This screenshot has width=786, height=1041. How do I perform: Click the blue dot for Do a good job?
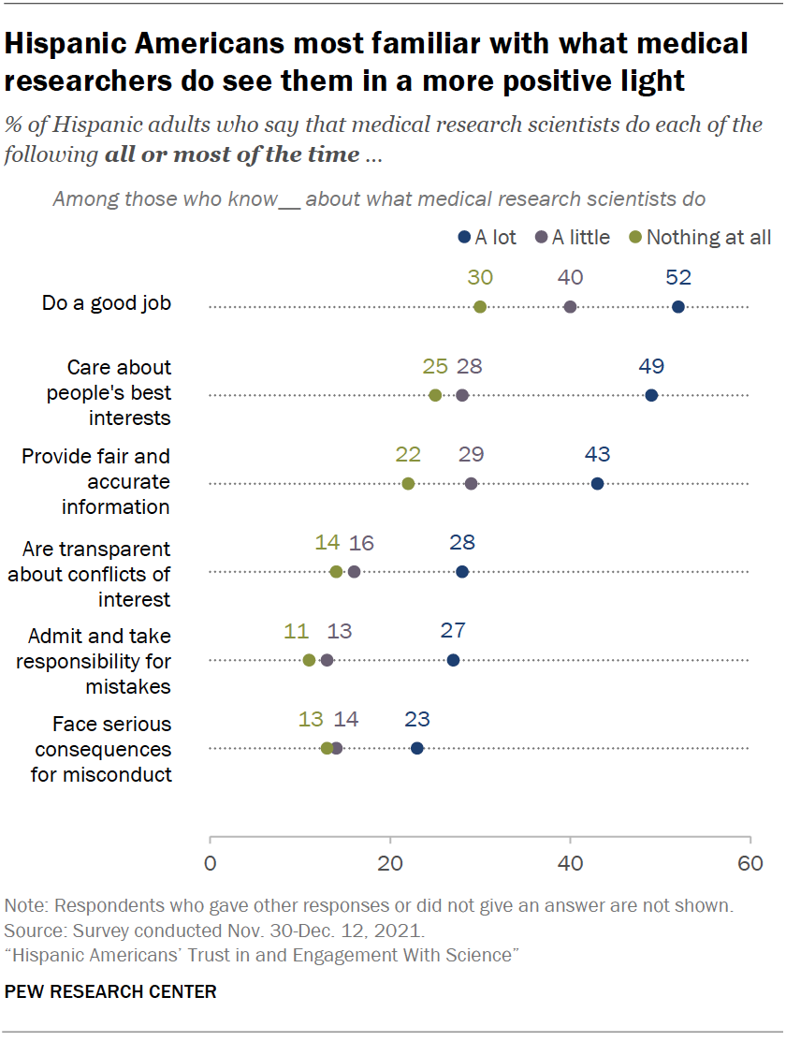678,307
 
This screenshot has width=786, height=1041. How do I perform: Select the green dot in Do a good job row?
480,307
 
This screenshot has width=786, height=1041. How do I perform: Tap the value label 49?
651,366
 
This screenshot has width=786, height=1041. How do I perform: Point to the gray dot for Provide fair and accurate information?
471,483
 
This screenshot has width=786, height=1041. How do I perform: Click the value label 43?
597,454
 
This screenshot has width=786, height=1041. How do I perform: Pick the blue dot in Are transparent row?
462,571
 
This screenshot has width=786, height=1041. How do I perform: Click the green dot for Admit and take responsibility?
309,660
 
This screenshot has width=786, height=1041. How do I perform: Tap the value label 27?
453,630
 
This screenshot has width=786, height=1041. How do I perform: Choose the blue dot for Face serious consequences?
417,748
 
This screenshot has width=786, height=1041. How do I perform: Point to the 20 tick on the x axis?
390,861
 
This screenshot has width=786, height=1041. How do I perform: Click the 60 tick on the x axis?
750,861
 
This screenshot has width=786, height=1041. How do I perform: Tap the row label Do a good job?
107,302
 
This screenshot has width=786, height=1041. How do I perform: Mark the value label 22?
408,454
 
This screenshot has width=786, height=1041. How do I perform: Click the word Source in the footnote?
32,931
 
